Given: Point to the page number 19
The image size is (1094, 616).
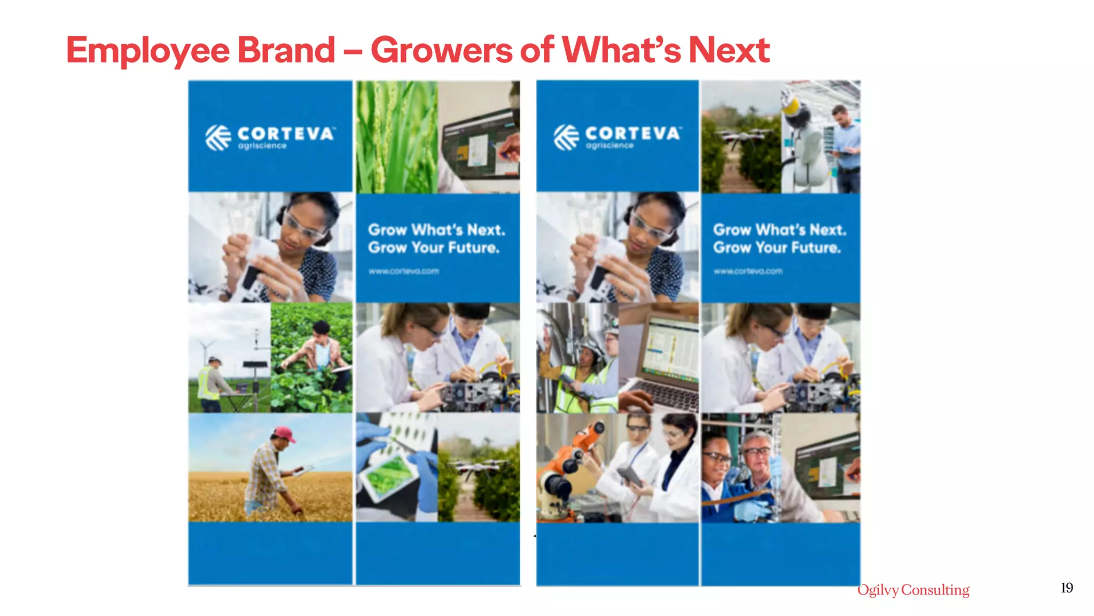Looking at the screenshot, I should coord(1067,588).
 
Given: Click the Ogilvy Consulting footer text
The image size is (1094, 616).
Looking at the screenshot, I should coord(913,590).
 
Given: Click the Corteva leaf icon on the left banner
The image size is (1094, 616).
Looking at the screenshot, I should coord(218,137).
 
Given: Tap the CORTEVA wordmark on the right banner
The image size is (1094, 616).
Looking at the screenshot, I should coord(633,133).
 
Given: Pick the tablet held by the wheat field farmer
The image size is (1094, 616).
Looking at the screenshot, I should coord(302,471).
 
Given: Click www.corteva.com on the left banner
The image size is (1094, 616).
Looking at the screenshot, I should coord(404,272).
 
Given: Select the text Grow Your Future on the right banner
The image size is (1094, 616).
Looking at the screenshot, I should coord(777,248).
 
